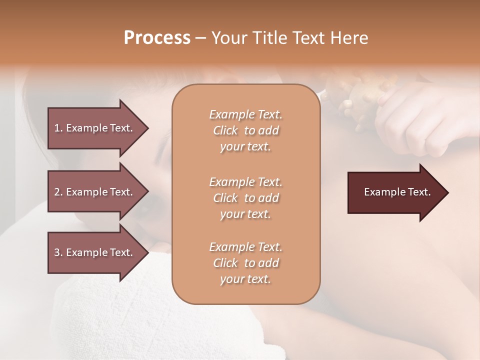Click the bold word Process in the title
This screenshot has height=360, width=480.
[157, 38]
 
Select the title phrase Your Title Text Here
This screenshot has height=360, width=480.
[289, 38]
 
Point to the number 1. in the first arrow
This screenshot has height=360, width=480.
[58, 128]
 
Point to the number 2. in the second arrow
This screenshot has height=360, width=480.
[58, 192]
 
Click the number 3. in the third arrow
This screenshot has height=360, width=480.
[58, 252]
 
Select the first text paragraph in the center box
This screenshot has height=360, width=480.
[245, 130]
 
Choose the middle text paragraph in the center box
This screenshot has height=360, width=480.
[245, 198]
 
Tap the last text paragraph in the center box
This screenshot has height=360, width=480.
[245, 263]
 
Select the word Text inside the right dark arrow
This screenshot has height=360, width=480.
[419, 192]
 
